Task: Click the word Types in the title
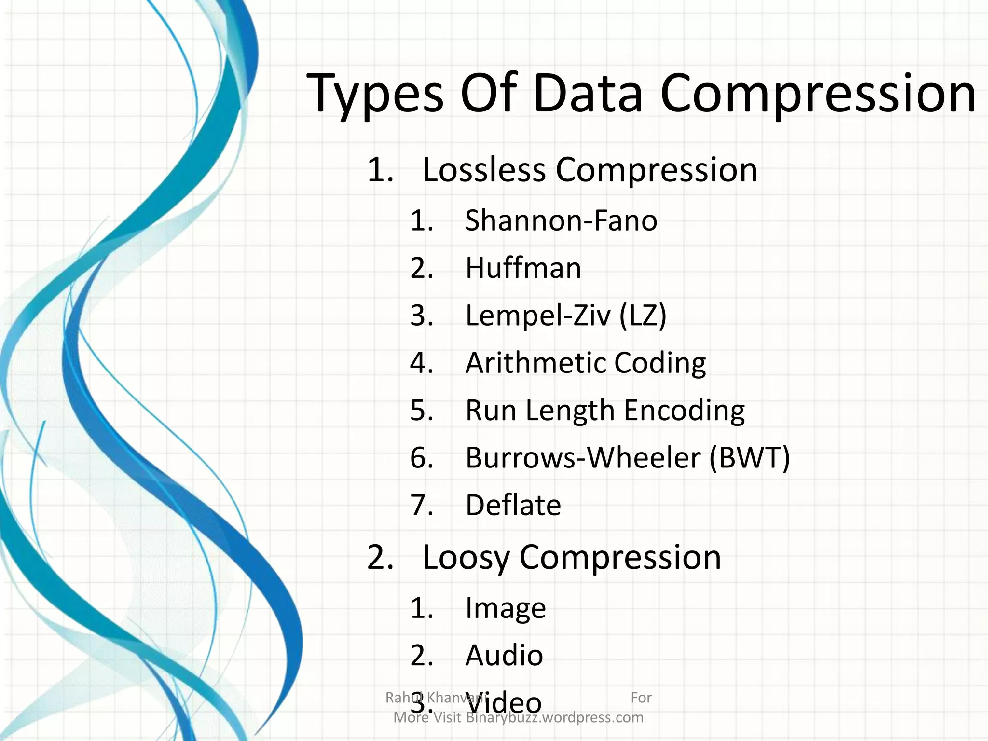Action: pyautogui.click(x=375, y=94)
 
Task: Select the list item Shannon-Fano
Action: pyautogui.click(x=561, y=220)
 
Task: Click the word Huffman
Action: pyautogui.click(x=523, y=268)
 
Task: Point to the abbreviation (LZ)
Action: pyautogui.click(x=643, y=316)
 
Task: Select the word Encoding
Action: pyautogui.click(x=684, y=411)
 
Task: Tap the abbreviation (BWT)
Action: pyautogui.click(x=750, y=457)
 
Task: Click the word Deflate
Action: pyautogui.click(x=513, y=505)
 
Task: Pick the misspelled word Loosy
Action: pyautogui.click(x=466, y=558)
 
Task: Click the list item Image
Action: pyautogui.click(x=505, y=608)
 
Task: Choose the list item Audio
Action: pyautogui.click(x=504, y=655)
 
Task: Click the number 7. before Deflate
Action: pyautogui.click(x=422, y=505)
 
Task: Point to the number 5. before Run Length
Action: pyautogui.click(x=422, y=411)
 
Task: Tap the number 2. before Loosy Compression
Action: pyautogui.click(x=380, y=558)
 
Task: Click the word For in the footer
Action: pyautogui.click(x=641, y=698)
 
